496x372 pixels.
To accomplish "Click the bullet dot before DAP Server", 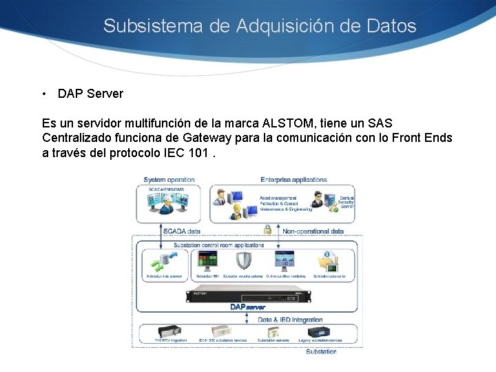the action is [43, 94].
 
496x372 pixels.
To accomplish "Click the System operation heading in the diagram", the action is [169, 180].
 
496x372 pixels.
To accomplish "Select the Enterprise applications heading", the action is [293, 180].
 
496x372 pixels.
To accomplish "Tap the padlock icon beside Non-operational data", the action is [267, 230].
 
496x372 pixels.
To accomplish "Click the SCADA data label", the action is [181, 231].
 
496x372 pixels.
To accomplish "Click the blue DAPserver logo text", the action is [247, 307].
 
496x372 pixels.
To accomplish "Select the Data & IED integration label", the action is [290, 320].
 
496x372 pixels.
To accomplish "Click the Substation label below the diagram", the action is [321, 351].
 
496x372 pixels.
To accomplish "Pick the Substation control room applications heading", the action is [218, 245].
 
